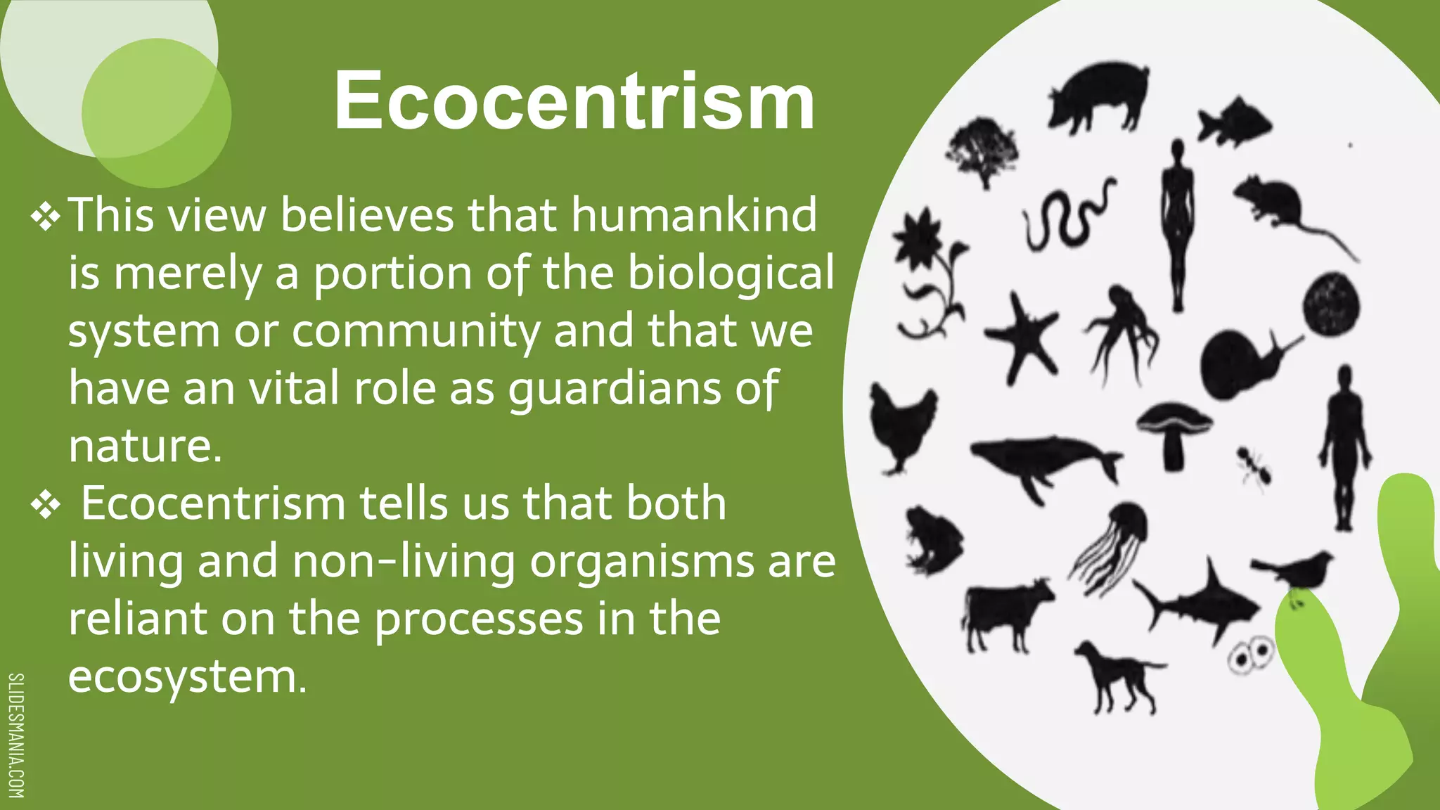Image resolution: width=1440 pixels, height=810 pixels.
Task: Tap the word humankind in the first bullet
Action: [x=694, y=214]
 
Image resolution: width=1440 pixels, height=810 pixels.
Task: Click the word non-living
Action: [x=404, y=561]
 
